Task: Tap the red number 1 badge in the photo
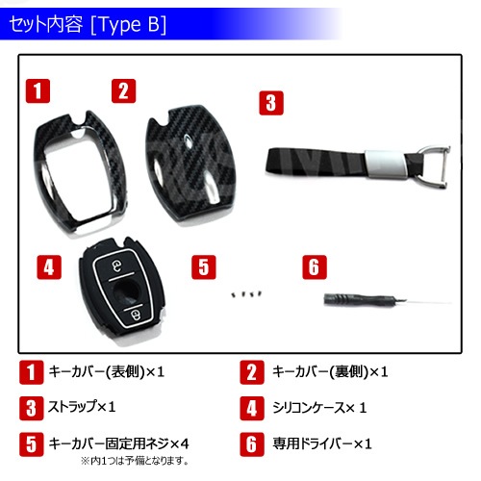click(38, 91)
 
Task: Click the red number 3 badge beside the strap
click(272, 103)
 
